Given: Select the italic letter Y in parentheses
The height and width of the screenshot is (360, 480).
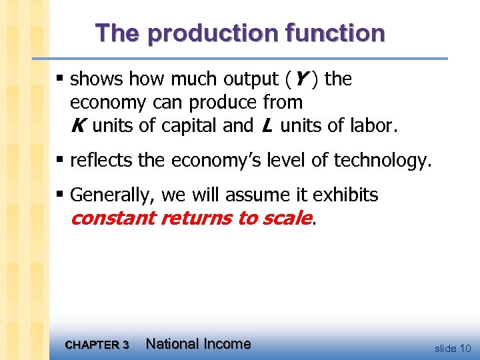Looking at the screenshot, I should coord(299,79).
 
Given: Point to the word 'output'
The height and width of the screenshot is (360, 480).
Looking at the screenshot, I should coord(246,79).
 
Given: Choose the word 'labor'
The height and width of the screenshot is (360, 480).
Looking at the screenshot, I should coord(373,125).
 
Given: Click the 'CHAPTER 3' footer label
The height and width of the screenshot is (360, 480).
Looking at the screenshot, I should coord(97,345).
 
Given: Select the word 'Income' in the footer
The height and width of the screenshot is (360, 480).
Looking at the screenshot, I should coord(227,344).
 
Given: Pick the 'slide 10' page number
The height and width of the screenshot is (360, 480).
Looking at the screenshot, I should coord(453,348).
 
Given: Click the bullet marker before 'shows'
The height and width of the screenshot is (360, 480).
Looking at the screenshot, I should coord(61,79).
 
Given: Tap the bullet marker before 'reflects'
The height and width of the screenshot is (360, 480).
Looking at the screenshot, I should coord(61,160).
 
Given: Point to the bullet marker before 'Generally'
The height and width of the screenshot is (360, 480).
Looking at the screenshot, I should coord(61,195).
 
